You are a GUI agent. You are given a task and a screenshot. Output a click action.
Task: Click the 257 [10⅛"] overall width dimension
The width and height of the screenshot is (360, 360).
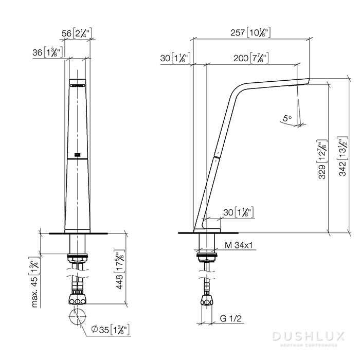point(251,32)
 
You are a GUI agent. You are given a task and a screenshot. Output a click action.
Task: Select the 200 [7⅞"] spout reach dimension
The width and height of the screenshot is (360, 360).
point(251,58)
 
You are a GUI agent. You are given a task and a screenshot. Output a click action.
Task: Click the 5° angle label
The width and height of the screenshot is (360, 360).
point(287,118)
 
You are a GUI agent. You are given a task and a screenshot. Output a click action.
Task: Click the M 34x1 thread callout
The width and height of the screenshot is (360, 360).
point(238,245)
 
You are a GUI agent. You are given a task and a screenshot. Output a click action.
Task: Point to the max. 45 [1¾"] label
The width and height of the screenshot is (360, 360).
point(35,282)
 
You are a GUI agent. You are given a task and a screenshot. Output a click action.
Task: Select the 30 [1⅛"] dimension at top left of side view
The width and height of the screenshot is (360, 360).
point(175,58)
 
